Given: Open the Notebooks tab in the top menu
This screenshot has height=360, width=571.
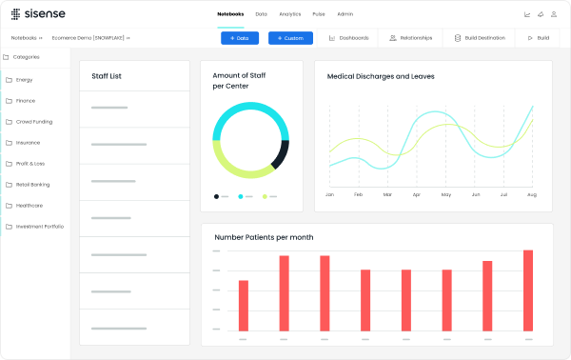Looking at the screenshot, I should tap(230, 14).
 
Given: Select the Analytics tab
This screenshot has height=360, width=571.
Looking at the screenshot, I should tap(290, 14).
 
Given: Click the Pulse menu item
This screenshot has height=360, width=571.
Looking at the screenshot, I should tap(319, 14).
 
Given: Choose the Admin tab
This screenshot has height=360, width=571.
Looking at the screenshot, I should tap(345, 14).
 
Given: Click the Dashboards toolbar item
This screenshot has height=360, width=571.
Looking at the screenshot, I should tap(348, 38).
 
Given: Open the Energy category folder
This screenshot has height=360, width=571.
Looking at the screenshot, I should tap(25, 79).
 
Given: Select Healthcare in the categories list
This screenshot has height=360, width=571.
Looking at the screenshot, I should tap(29, 205).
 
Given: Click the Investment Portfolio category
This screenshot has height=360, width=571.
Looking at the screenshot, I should tap(39, 226).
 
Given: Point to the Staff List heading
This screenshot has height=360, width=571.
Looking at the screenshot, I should tap(106, 76).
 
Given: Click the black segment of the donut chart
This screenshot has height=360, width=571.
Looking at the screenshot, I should tap(281, 154).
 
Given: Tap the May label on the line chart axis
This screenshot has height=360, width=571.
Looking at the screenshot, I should tap(445, 194).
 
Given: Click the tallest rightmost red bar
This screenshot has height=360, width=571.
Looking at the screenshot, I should tap(528, 290).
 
